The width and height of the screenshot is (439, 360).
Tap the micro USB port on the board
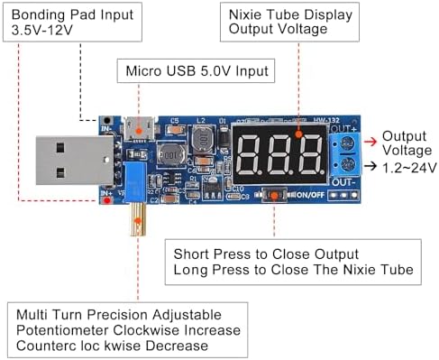[x=142, y=127]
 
